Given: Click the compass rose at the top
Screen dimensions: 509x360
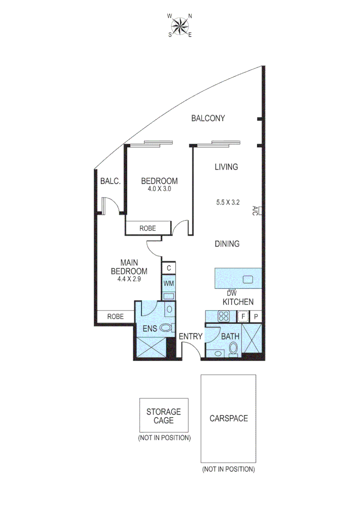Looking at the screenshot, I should point(180,25).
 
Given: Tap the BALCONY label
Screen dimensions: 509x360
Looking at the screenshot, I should point(208,118).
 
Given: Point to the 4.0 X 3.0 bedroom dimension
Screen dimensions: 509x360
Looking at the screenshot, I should point(159,189).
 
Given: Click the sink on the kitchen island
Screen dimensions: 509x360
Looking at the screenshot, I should point(248,279).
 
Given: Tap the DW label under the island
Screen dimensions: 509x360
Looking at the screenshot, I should point(231,293).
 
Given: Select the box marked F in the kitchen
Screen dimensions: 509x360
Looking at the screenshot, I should point(243,316).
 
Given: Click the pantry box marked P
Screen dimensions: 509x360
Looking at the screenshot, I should point(256,316).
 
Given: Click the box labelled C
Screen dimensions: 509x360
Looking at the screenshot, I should point(169,268).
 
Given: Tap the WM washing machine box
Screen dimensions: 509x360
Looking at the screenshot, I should point(169,284).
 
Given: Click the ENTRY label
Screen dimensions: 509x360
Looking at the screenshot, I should point(191,337).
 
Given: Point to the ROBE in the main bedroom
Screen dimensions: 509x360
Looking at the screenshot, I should point(115,317).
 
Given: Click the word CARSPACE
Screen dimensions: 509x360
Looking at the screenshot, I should point(229,418).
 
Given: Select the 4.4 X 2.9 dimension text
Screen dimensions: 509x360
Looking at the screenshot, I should point(129,279).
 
